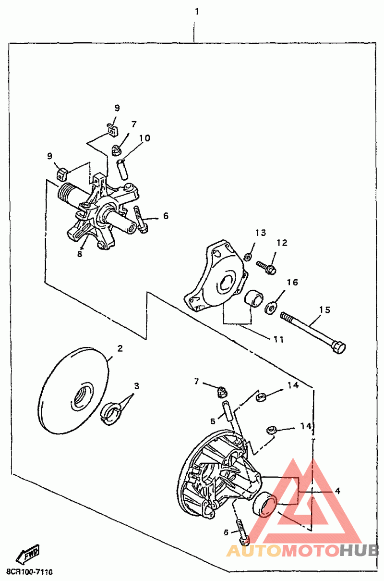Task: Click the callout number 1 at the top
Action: (x=196, y=11)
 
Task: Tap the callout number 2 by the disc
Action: (x=120, y=348)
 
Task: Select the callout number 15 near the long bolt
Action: (x=325, y=310)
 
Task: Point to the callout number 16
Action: (x=292, y=282)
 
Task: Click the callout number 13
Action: (x=260, y=233)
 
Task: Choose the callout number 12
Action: (x=281, y=243)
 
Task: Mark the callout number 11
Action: (x=278, y=339)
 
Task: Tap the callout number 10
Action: (x=144, y=138)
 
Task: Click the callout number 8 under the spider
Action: (x=80, y=254)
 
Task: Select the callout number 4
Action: (x=338, y=491)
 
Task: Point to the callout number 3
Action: (x=137, y=386)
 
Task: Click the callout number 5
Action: (x=213, y=421)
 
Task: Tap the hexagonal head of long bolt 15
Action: (x=339, y=347)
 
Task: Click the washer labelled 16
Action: (x=271, y=306)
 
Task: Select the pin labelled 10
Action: (x=123, y=169)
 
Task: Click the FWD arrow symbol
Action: (x=27, y=555)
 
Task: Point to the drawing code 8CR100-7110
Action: (x=29, y=572)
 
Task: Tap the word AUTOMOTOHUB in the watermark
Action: (x=302, y=551)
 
